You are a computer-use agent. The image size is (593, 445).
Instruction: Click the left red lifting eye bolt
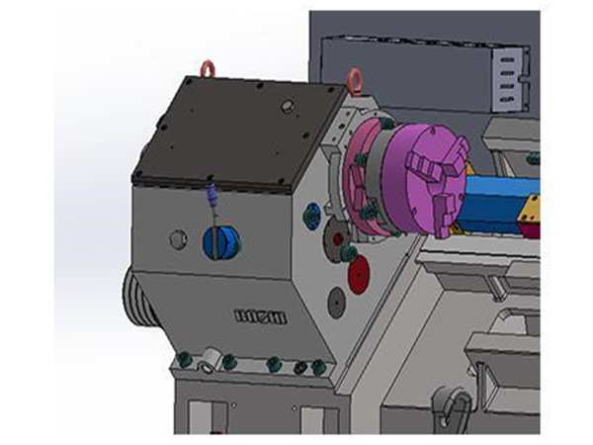[x=207, y=68]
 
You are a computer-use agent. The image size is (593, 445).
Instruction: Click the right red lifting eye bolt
[x=353, y=75]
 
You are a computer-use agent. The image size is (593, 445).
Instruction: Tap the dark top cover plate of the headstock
[x=237, y=133]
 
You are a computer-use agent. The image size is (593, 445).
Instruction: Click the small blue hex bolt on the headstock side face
[x=312, y=212]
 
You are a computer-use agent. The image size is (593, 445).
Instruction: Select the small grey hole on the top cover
[x=288, y=104]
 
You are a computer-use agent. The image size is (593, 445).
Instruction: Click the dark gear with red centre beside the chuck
[x=337, y=238]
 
